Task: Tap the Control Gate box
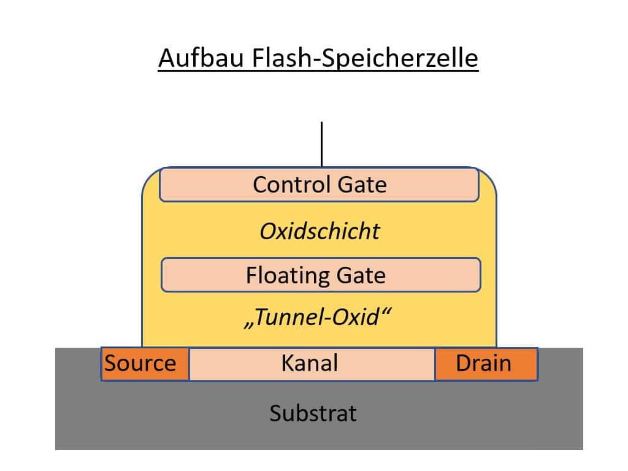coord(319,185)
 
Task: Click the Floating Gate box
coord(320,275)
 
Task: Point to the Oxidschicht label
coord(320,231)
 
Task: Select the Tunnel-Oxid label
coord(318,318)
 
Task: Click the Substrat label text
coord(313,413)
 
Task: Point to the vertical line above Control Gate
coord(321,144)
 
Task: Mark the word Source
coord(140,363)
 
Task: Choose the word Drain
coord(483,364)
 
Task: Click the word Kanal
coord(310,363)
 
